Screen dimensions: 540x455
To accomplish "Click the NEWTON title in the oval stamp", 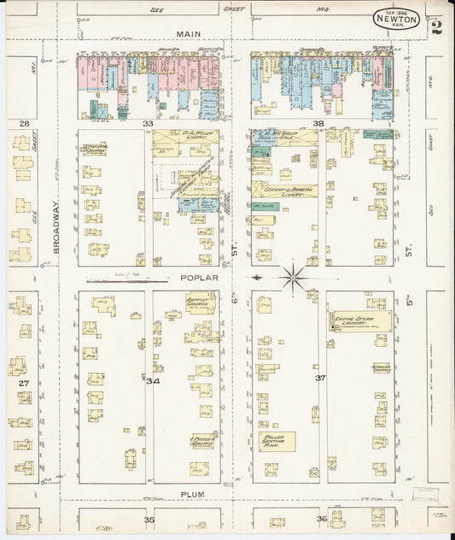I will pos(396,19).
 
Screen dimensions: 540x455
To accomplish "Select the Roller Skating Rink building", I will pos(278,441).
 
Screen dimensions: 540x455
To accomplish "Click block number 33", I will pos(149,124).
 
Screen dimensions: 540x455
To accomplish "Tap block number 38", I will pos(318,124).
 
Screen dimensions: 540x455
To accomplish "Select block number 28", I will pos(25,125).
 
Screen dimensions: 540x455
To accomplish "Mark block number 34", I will pos(152,380).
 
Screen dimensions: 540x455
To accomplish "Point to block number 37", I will pos(320,377).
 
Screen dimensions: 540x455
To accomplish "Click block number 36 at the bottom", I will pos(321,519).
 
